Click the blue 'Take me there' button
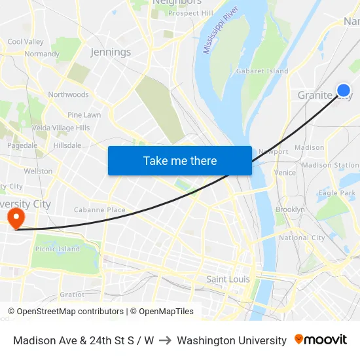(x=179, y=160)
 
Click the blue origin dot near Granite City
(x=343, y=90)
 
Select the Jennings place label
(x=111, y=52)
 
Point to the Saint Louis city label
(x=228, y=279)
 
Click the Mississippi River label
(x=220, y=31)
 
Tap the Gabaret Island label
(x=262, y=71)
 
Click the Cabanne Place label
(x=99, y=210)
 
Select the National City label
(x=302, y=238)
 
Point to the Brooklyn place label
(x=290, y=209)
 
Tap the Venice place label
(x=285, y=173)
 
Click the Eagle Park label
(x=336, y=193)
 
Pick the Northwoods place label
(x=68, y=95)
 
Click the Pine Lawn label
(x=84, y=115)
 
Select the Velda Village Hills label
(x=61, y=128)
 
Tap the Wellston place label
(x=38, y=171)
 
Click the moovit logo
(x=321, y=340)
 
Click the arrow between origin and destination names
(x=166, y=340)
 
